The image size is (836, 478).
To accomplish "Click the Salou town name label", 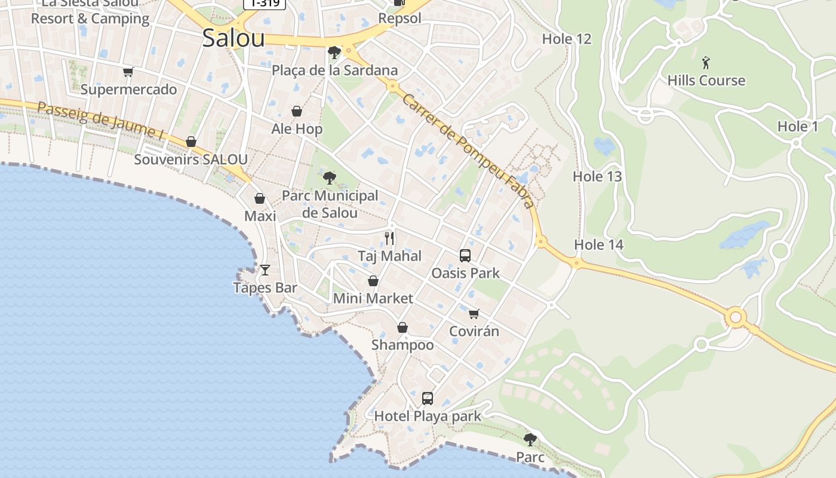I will [x=233, y=38].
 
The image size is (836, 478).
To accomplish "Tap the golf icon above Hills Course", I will [x=706, y=62].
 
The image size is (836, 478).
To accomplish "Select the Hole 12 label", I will [x=566, y=39].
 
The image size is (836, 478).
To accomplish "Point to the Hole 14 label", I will [x=598, y=245].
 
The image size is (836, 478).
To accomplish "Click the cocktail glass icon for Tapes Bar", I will [x=265, y=270].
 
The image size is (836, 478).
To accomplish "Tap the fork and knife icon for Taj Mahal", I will [x=389, y=238].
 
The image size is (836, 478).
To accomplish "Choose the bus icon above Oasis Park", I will [x=465, y=256].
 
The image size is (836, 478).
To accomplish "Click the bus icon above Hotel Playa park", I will [x=428, y=398].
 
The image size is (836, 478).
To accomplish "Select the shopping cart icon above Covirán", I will [x=474, y=314].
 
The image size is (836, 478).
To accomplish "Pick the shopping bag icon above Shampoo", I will [x=402, y=327].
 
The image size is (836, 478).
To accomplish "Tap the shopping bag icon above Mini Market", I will [x=373, y=281].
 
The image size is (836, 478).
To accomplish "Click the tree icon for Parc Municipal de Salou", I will [x=329, y=177].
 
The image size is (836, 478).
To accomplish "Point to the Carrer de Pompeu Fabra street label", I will [x=468, y=151].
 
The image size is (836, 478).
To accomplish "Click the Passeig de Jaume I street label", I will [x=100, y=121].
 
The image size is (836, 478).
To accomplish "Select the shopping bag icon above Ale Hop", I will [x=297, y=111].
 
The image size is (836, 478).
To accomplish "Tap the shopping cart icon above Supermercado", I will [x=128, y=72].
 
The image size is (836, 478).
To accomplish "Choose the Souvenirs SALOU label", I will [x=190, y=160].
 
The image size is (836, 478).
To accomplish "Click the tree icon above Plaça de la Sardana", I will [x=334, y=53].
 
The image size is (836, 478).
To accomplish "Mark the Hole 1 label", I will [x=797, y=127].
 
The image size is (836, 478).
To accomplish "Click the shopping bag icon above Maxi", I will [x=260, y=198].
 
